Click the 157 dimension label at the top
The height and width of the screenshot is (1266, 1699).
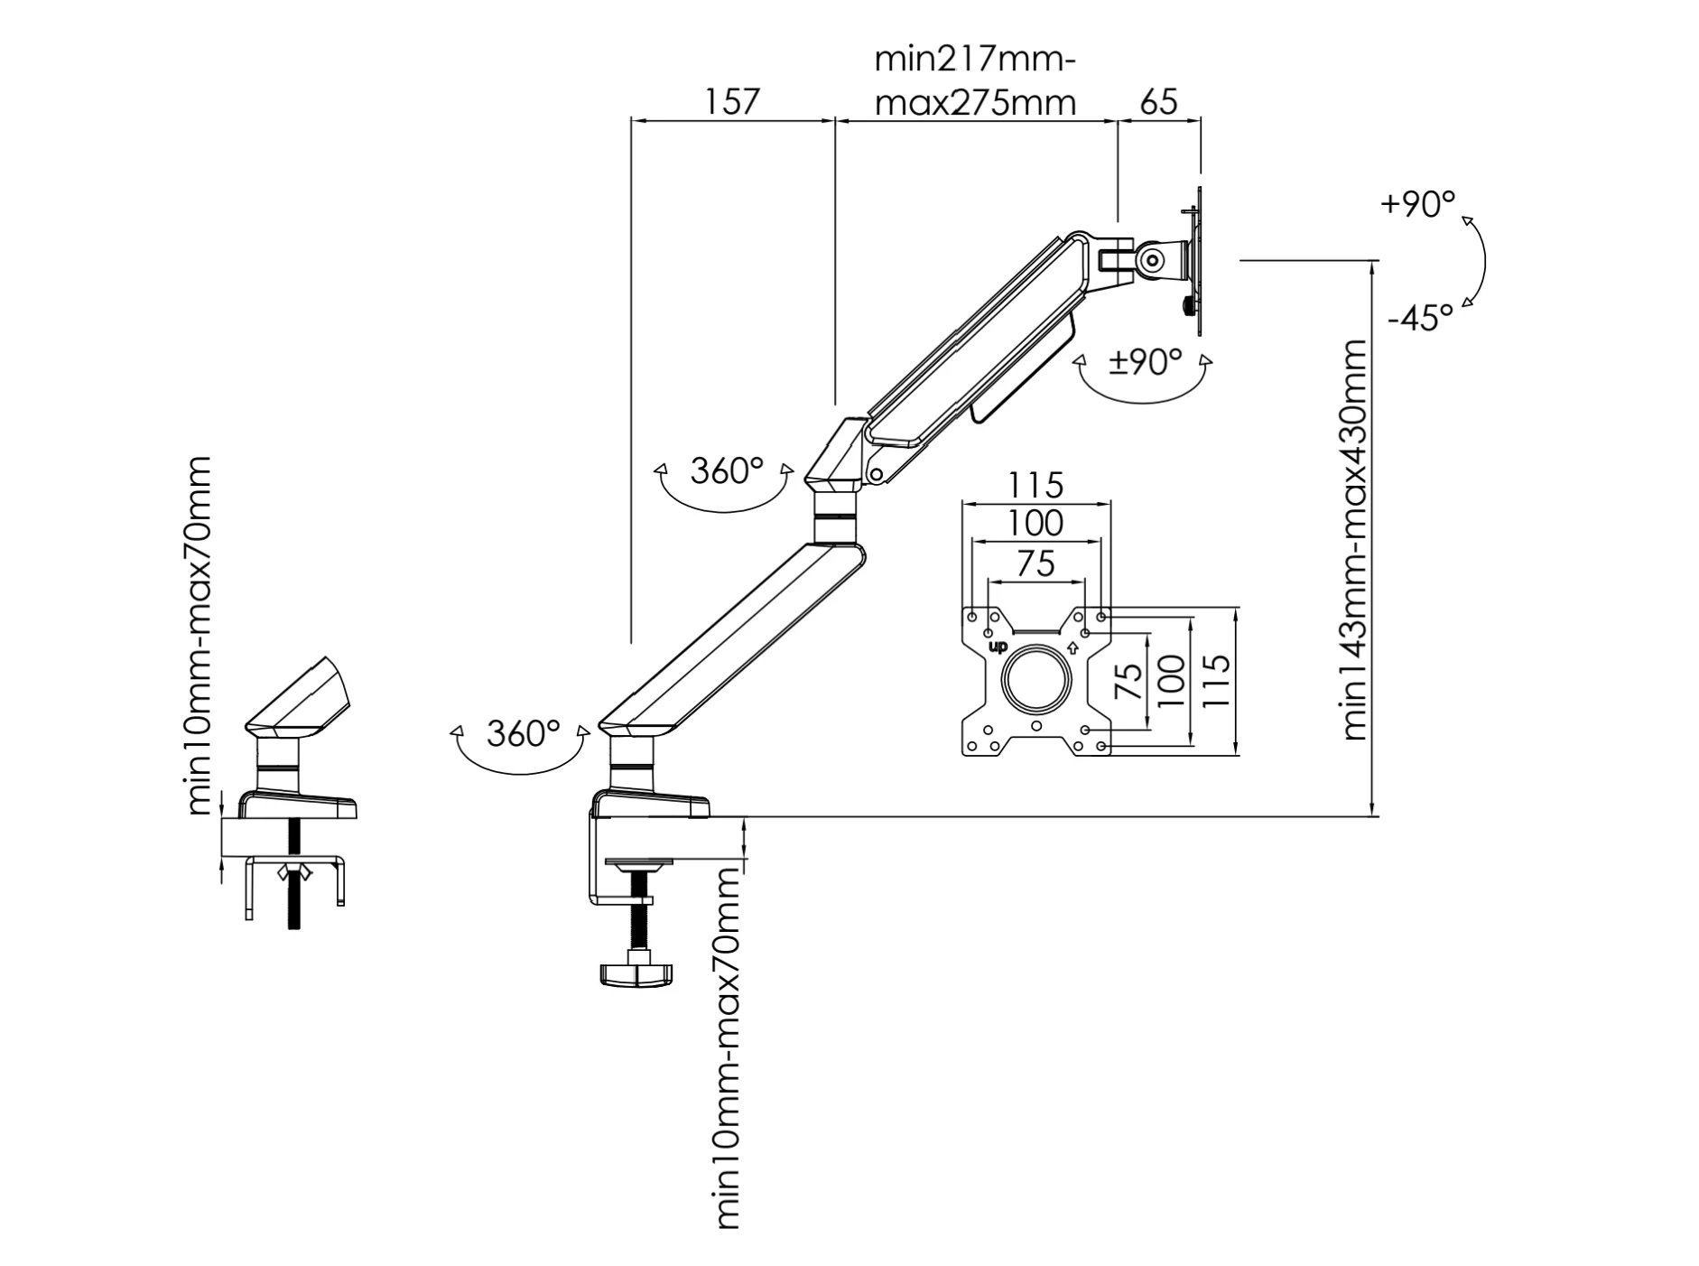point(731,101)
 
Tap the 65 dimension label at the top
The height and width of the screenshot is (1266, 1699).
point(1158,101)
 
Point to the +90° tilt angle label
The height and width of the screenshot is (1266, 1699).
point(1417,204)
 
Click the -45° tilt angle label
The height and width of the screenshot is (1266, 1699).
point(1420,318)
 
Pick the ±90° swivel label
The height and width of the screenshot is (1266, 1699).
point(1145,362)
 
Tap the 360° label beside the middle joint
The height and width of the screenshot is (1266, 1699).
point(727,470)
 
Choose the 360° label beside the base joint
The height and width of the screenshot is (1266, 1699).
point(523,733)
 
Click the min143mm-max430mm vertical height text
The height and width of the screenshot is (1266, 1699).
point(1354,540)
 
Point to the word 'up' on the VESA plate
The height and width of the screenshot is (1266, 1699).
point(998,647)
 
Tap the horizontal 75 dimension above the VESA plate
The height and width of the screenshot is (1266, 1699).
point(1035,563)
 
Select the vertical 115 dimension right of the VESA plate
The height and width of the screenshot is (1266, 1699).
point(1216,680)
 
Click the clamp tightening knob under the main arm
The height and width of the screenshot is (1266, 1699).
point(636,973)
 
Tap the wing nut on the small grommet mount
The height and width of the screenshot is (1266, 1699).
point(294,871)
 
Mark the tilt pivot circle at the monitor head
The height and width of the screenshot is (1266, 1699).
point(1152,260)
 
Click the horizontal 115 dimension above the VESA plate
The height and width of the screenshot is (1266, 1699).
point(1035,486)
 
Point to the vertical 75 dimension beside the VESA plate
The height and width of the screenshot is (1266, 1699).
point(1128,681)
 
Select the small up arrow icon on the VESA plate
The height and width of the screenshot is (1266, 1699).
point(1072,647)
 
